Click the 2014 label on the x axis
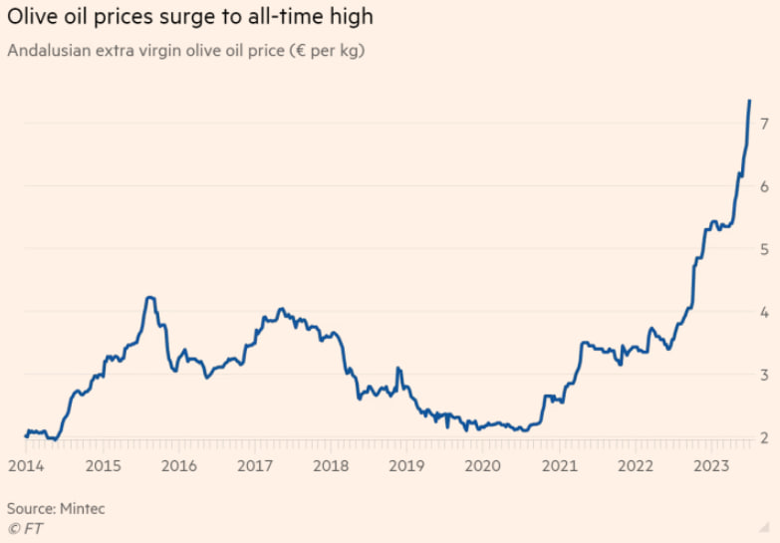[26, 465]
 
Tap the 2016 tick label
[178, 465]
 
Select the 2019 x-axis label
[406, 465]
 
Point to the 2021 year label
[559, 465]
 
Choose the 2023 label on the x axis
[710, 465]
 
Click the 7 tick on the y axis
[763, 124]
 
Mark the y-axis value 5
[763, 249]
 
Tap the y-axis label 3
[763, 375]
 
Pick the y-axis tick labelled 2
[763, 437]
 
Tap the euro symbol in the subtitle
[295, 51]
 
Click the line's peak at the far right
[749, 101]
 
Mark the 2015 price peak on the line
[148, 297]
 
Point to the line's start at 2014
[26, 435]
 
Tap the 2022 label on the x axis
[635, 465]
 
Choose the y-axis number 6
[763, 186]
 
